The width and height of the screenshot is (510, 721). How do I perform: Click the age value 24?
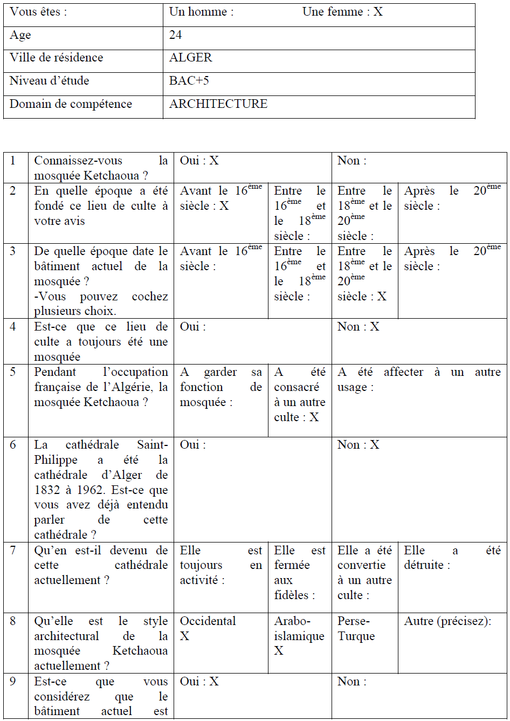[x=175, y=35]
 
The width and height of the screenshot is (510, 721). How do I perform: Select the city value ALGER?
[x=190, y=58]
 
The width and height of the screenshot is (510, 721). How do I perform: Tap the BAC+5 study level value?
[x=189, y=81]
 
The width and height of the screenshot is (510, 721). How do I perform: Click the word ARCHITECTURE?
[x=218, y=104]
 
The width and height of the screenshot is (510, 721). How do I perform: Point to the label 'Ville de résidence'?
[x=56, y=58]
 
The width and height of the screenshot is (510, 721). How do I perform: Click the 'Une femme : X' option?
[x=342, y=12]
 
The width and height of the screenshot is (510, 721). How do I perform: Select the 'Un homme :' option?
[x=201, y=12]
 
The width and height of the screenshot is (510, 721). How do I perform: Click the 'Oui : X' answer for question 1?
[x=199, y=161]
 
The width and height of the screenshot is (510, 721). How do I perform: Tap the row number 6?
[x=13, y=445]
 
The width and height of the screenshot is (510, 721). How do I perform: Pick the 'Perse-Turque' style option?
[x=356, y=629]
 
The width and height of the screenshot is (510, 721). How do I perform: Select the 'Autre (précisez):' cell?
[x=447, y=621]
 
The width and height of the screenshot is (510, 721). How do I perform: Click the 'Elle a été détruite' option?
[x=452, y=558]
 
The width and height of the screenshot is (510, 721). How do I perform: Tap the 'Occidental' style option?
[x=208, y=621]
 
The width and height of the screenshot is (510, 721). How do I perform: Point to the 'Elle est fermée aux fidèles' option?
[x=299, y=573]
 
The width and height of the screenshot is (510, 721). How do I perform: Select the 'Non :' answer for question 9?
[x=352, y=682]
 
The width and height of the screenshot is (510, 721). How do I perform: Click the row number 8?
[x=13, y=621]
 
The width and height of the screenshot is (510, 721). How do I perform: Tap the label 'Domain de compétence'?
[x=71, y=104]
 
